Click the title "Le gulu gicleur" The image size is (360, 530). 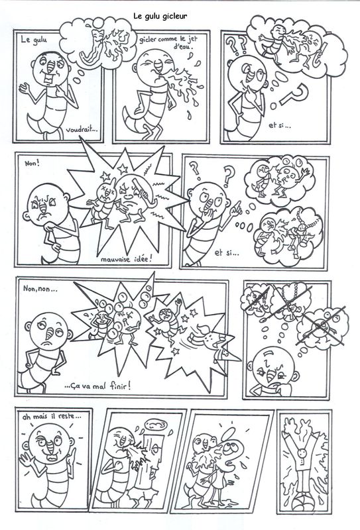tap(160, 16)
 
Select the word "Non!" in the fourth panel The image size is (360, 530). tap(32, 164)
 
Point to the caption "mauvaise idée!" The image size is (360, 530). tap(127, 260)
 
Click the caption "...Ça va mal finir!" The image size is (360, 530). tap(97, 386)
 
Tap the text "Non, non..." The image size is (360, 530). tap(40, 290)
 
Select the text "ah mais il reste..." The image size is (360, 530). tap(52, 417)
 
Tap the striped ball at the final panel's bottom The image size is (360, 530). tap(304, 502)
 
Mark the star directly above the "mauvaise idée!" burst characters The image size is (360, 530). tap(122, 168)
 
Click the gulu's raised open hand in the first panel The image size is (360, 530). tap(24, 89)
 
